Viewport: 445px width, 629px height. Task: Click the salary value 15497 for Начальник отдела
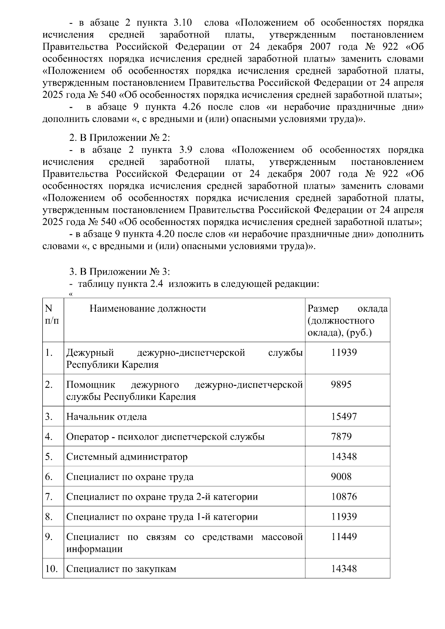(x=344, y=417)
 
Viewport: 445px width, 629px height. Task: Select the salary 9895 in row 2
(x=341, y=384)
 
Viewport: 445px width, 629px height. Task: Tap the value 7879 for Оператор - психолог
(x=341, y=437)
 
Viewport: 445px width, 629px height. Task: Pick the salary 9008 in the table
(x=341, y=477)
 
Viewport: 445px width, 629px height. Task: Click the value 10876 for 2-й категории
(x=344, y=497)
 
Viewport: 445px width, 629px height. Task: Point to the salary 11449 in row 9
(x=344, y=537)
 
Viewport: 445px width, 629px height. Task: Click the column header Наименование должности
(x=148, y=309)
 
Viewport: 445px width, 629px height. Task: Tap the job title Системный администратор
(x=127, y=457)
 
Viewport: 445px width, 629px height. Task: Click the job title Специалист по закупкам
(x=121, y=569)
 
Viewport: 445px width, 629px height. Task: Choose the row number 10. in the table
(x=51, y=569)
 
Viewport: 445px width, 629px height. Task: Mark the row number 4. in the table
(x=49, y=437)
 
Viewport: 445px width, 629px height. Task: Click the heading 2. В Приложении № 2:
(x=120, y=138)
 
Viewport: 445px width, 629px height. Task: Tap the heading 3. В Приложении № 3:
(x=120, y=272)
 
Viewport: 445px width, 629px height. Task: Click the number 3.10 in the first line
(x=183, y=23)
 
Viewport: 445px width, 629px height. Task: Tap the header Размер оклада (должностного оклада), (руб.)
(x=347, y=321)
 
